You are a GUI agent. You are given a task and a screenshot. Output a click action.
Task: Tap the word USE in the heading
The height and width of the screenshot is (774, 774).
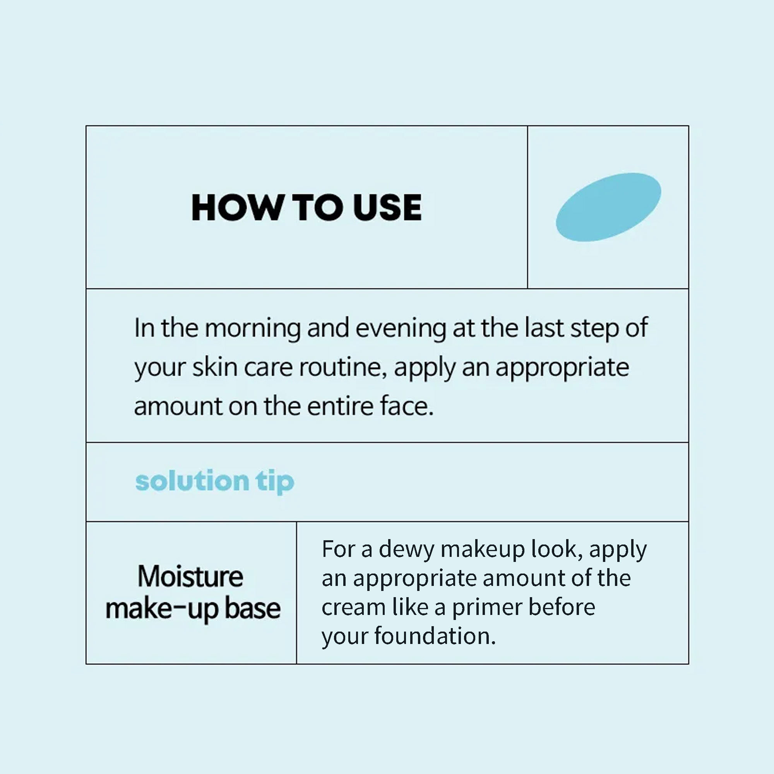pos(388,207)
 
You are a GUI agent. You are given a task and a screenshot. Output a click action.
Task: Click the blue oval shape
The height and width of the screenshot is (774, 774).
pos(608,207)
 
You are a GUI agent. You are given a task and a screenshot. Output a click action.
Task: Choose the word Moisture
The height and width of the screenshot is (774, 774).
pos(190,577)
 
